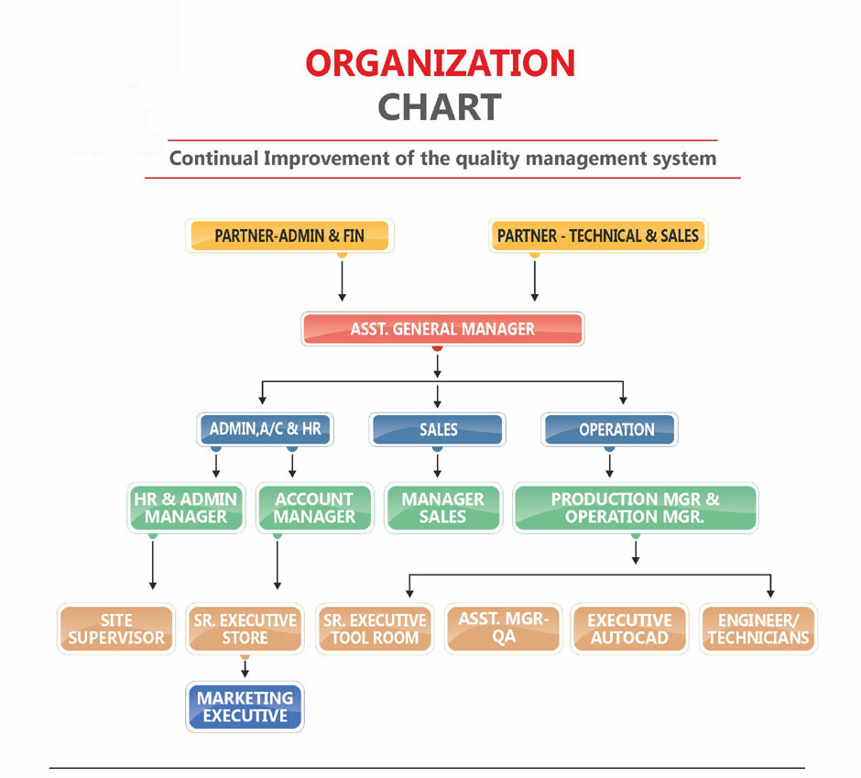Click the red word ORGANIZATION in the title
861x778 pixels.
tap(440, 64)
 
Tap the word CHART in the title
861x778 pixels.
tap(440, 107)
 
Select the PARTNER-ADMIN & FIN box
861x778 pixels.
tap(289, 236)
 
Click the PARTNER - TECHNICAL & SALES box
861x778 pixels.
tap(598, 236)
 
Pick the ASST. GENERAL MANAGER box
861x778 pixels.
tap(442, 329)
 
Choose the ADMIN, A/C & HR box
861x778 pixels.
tap(265, 429)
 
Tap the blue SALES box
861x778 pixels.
tap(438, 429)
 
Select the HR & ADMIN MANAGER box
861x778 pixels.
tap(186, 508)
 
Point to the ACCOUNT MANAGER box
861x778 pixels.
tap(314, 508)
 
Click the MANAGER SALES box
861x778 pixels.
tap(442, 508)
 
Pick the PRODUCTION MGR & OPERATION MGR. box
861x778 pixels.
tap(635, 508)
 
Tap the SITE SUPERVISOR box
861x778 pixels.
tap(115, 629)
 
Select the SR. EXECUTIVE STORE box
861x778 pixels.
tap(245, 629)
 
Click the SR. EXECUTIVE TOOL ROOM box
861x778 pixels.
tap(374, 629)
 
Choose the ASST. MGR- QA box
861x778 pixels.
tap(502, 628)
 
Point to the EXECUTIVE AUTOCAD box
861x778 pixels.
tap(629, 629)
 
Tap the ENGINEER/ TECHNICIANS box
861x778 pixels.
tap(758, 629)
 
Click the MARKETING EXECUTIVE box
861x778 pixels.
tap(245, 707)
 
